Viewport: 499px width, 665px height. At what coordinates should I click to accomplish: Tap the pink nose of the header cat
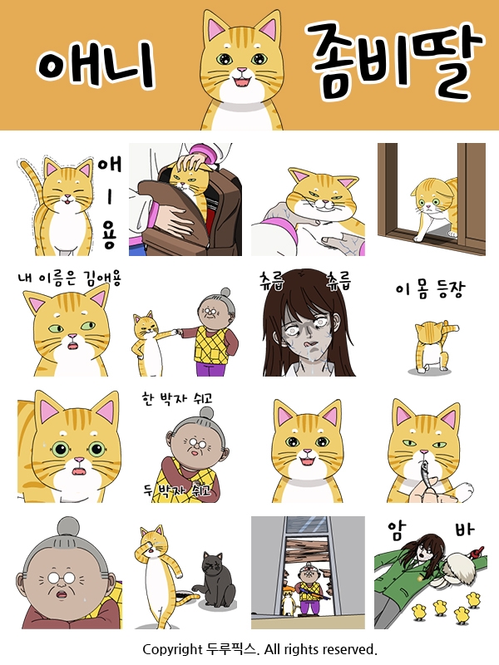[242, 70]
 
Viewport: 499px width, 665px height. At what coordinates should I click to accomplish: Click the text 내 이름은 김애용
[70, 278]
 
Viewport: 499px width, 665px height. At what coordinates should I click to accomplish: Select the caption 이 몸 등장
[430, 290]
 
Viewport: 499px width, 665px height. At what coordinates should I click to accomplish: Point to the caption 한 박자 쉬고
[177, 399]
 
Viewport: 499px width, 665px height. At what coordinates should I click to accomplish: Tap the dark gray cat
[215, 579]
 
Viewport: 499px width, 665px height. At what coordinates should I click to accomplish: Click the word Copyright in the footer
[172, 650]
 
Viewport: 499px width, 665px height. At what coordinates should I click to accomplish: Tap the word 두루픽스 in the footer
[232, 649]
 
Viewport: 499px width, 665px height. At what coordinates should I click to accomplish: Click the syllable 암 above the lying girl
[398, 530]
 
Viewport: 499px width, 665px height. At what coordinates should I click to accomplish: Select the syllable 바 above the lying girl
[465, 529]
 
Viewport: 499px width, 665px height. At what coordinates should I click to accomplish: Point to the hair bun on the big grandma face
[69, 528]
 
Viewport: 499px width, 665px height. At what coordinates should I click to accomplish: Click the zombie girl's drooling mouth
[310, 343]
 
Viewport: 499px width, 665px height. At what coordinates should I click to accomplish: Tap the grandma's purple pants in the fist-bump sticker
[210, 368]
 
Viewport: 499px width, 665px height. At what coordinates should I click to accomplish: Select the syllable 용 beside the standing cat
[109, 238]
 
